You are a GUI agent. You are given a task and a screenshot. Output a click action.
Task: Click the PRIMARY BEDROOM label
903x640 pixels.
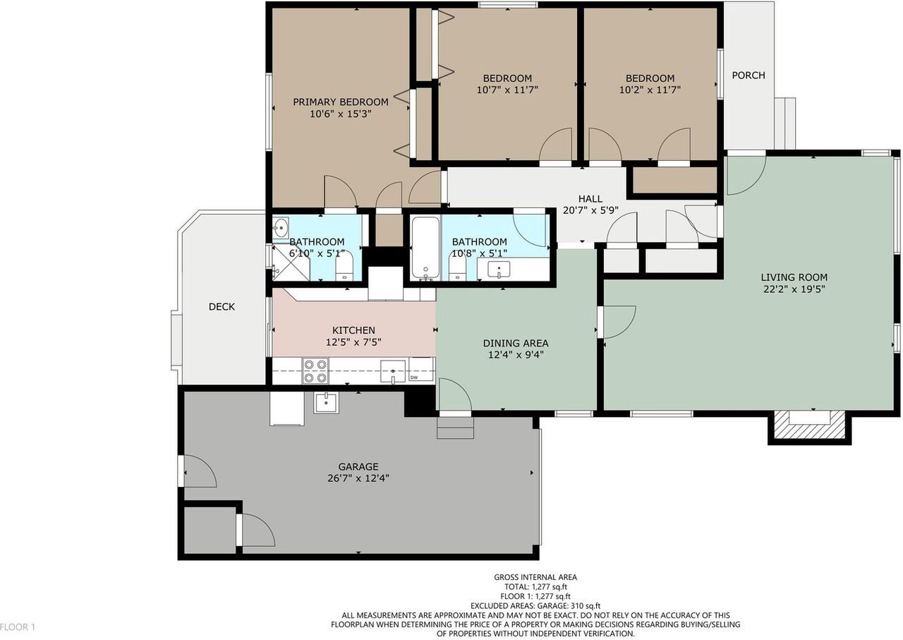341,102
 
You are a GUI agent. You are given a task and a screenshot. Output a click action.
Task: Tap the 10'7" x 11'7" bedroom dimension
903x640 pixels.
507,90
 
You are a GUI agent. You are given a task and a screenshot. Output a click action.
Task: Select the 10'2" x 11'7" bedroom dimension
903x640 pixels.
650,90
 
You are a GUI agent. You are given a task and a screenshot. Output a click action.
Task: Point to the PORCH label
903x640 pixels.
748,76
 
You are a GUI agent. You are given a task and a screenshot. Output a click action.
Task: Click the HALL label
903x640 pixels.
590,199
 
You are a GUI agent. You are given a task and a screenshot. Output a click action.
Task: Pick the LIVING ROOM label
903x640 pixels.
794,277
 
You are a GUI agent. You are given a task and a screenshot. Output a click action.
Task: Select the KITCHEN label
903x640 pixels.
353,330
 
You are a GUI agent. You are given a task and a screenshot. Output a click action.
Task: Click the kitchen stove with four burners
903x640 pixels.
315,370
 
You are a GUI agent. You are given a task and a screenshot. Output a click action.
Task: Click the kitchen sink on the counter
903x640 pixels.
393,370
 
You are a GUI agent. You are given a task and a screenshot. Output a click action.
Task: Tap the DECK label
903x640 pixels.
222,307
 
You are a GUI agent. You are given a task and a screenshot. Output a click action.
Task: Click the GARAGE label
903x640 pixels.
358,466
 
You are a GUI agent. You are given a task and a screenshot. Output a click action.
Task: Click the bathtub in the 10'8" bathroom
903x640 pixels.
425,247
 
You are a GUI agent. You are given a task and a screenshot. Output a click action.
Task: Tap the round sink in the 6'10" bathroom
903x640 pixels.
281,227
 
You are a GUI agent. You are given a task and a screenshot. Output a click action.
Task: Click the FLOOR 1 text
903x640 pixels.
18,627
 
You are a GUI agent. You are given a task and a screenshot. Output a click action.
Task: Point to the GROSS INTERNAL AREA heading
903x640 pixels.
535,577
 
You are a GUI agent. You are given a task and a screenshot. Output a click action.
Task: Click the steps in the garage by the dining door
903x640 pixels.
455,428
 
